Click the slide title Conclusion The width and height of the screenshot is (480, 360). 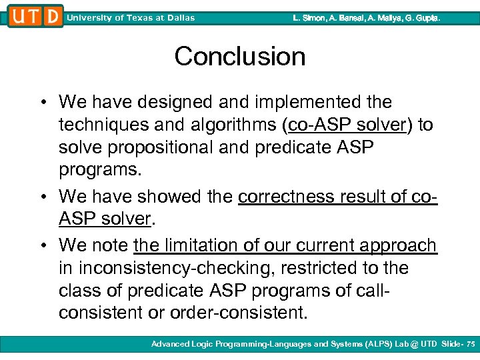tap(240, 57)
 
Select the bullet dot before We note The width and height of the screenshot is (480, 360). tap(43, 246)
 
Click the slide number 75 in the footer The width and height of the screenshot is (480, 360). tap(471, 344)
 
